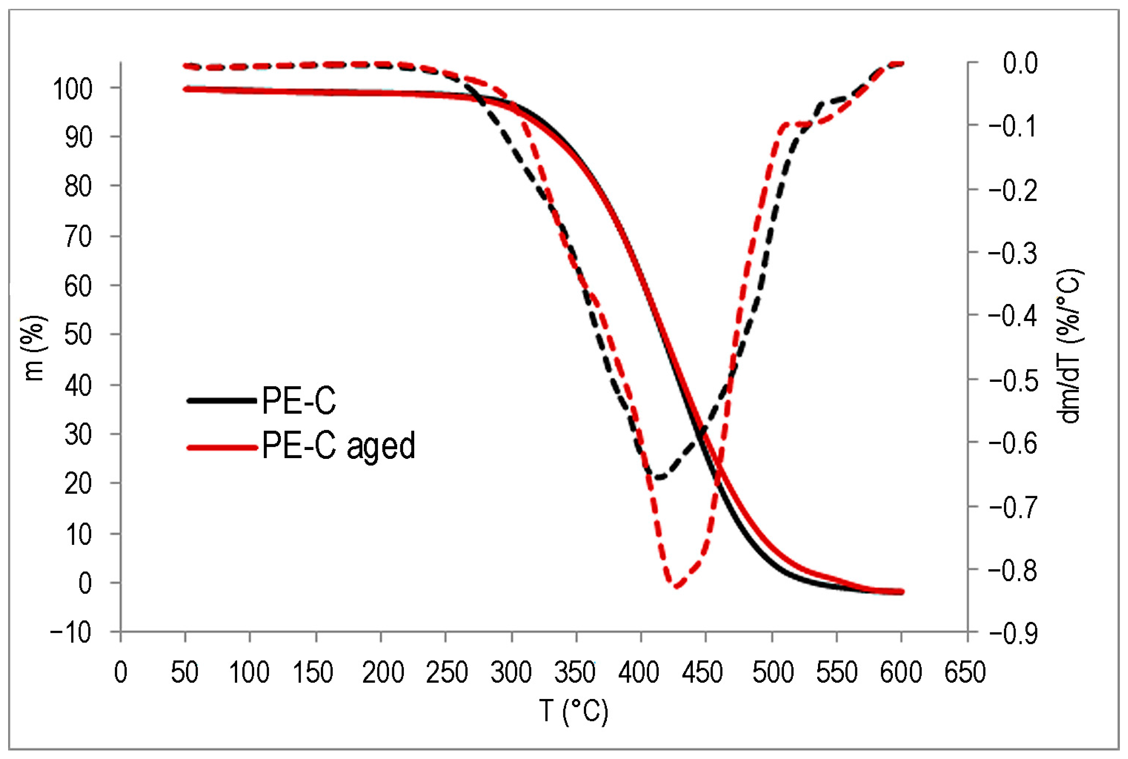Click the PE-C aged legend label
[x=338, y=446]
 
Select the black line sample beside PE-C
[x=222, y=400]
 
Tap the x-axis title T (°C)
[x=573, y=711]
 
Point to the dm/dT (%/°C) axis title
[x=1070, y=346]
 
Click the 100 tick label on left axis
[x=72, y=89]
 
